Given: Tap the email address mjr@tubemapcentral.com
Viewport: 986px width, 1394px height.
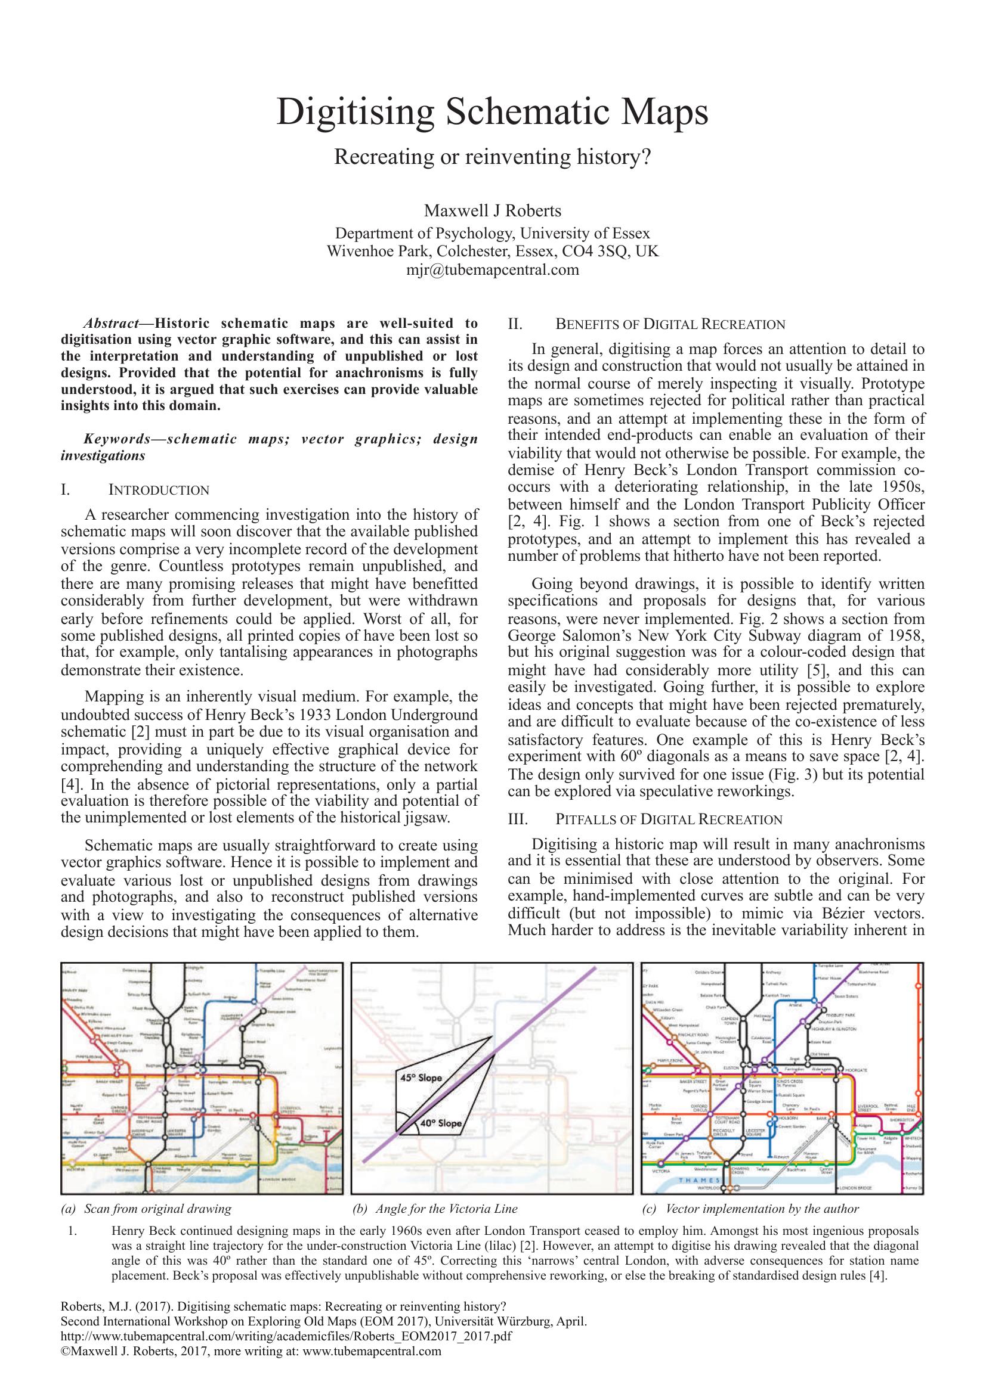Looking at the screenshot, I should (x=492, y=269).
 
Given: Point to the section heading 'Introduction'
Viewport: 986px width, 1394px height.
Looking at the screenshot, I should (x=159, y=490).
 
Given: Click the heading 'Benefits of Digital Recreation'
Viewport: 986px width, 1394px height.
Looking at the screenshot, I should (x=670, y=324).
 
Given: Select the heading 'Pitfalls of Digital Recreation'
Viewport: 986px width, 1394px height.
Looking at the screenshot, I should (x=669, y=819).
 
